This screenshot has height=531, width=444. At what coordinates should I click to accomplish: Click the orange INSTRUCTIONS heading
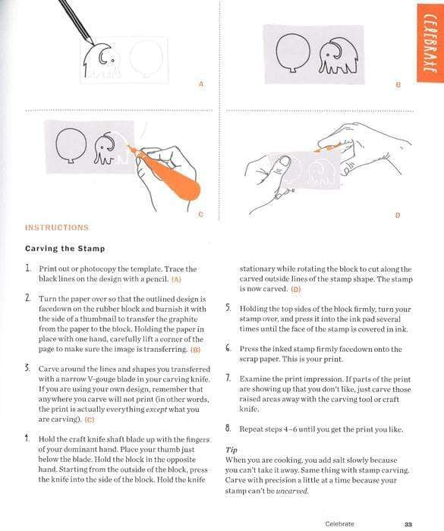[57, 228]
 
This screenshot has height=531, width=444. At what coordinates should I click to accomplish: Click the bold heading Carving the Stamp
[65, 249]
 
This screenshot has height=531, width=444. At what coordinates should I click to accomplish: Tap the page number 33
[408, 523]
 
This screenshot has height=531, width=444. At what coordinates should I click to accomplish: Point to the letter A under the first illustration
[200, 84]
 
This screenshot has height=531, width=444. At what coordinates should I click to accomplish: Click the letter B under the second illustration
[398, 84]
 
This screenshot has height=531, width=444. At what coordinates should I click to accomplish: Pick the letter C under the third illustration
[200, 215]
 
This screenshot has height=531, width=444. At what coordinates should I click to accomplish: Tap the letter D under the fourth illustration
[398, 215]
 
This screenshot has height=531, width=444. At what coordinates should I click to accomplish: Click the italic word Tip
[231, 449]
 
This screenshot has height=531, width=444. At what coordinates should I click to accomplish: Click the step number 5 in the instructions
[228, 309]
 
